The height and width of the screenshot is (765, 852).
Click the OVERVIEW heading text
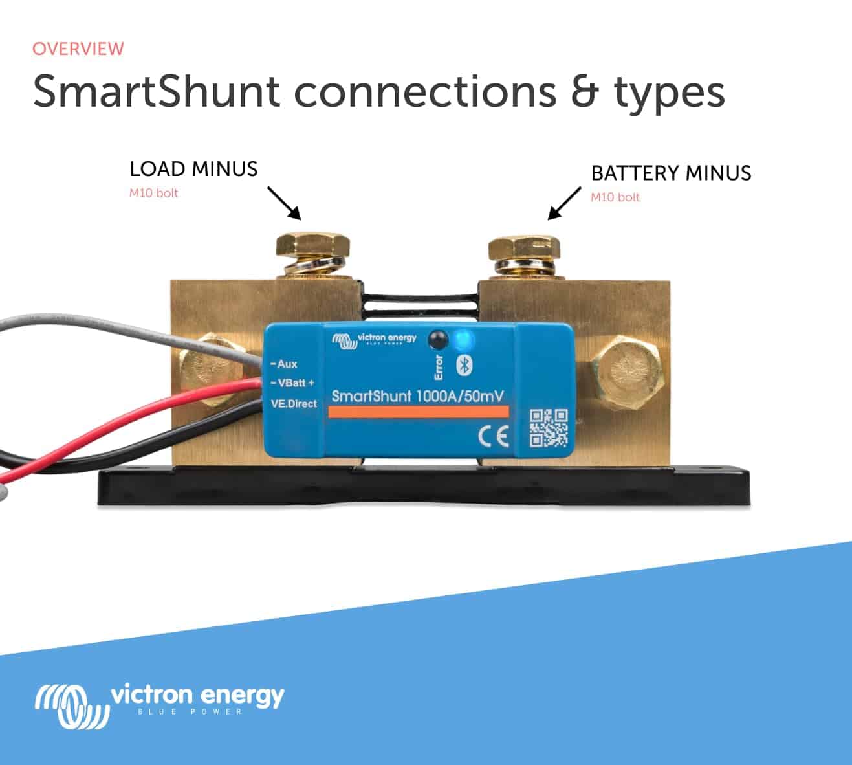tap(78, 49)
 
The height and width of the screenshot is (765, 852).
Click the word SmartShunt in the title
tap(156, 91)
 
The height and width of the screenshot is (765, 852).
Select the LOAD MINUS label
tap(193, 169)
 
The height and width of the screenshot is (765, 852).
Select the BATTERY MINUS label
tap(671, 173)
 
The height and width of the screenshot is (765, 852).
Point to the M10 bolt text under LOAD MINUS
tap(153, 193)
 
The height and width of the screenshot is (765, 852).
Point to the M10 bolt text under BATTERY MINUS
tap(615, 197)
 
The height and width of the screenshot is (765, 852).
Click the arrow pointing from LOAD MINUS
tap(284, 203)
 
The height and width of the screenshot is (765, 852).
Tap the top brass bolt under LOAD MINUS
tap(313, 247)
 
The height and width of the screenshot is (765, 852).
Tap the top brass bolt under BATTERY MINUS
tap(524, 250)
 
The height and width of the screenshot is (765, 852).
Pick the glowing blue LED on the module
tap(463, 339)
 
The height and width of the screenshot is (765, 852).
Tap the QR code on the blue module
tap(549, 428)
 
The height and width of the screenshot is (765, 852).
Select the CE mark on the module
tap(493, 438)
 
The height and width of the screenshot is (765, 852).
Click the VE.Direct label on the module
tap(293, 404)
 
